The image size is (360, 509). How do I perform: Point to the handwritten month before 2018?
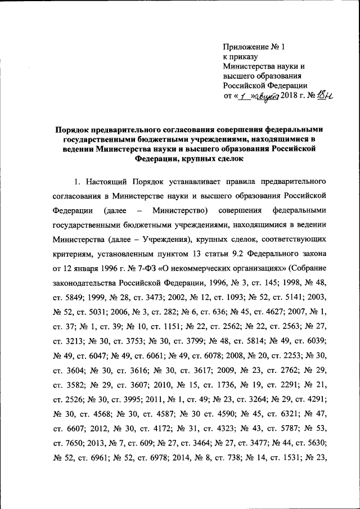(266, 97)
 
